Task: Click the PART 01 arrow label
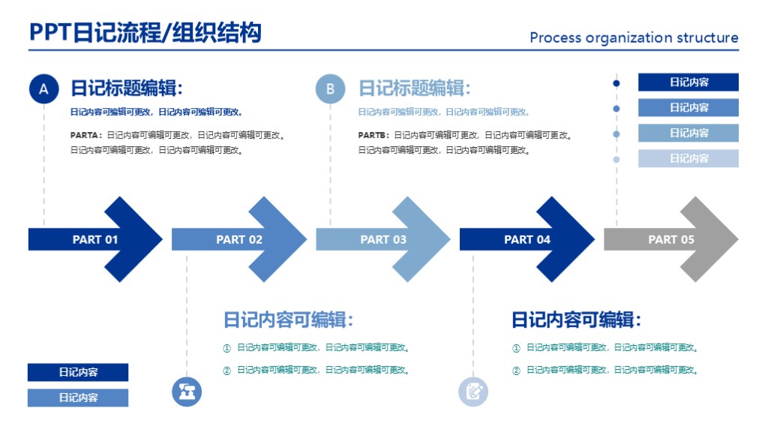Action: click(95, 240)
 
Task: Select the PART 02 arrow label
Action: click(239, 240)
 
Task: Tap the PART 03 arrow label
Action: click(383, 240)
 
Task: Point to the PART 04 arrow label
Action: click(527, 240)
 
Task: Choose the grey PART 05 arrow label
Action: click(671, 240)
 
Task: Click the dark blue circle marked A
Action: click(43, 89)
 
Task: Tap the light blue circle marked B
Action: click(330, 89)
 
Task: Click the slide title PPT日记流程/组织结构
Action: click(145, 33)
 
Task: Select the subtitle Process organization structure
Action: click(634, 37)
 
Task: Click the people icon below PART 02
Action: click(187, 391)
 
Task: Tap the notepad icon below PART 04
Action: click(473, 391)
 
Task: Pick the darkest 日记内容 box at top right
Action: click(688, 82)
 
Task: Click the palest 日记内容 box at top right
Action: click(688, 158)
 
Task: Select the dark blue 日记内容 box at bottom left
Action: click(78, 372)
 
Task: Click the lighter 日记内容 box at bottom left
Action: click(78, 397)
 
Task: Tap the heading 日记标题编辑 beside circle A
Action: click(127, 88)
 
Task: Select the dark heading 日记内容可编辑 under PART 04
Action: click(576, 320)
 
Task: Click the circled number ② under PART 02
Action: click(226, 370)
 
